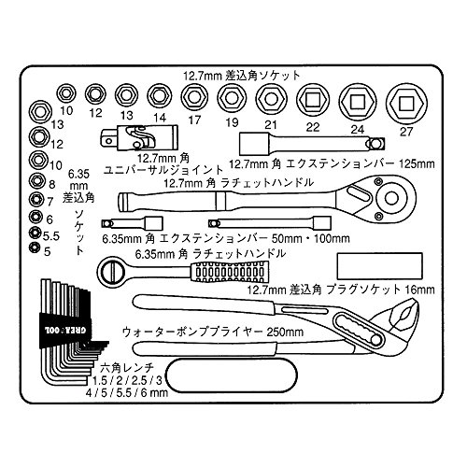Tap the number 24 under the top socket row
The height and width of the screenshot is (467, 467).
pos(357,129)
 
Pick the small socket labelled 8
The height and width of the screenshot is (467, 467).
pos(38,180)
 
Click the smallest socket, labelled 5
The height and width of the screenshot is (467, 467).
pos(33,248)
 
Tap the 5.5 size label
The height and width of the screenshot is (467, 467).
pos(51,236)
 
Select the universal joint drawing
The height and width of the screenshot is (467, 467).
pos(139,138)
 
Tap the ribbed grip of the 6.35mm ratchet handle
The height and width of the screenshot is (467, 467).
pos(229,272)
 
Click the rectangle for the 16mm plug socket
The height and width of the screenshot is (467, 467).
pos(380,266)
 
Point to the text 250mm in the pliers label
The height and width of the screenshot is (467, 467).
pos(285,332)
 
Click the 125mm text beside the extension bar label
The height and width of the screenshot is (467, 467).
pos(417,163)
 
